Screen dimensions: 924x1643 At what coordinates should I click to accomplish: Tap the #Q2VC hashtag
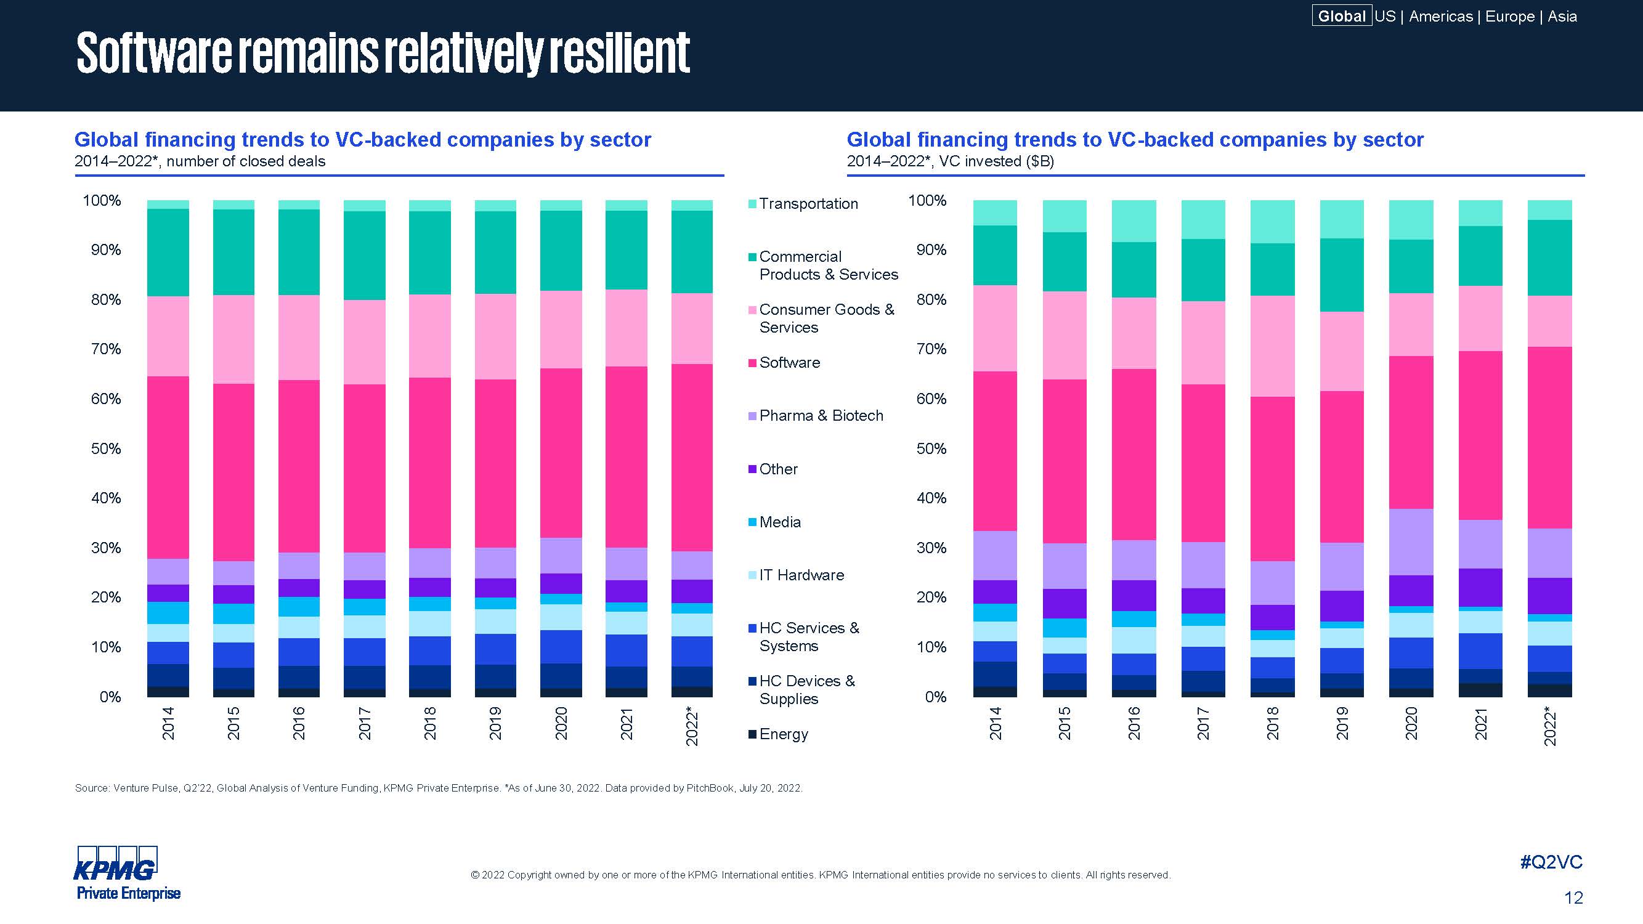(1551, 862)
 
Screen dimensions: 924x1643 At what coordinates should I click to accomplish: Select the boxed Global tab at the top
(1341, 16)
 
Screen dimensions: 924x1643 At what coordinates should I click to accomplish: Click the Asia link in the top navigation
(1562, 16)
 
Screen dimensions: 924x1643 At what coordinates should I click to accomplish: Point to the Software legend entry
(789, 363)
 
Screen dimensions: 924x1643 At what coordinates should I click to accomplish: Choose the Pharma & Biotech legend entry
(821, 416)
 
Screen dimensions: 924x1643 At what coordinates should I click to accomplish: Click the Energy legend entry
(783, 734)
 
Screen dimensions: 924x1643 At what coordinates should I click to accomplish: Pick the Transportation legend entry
(808, 204)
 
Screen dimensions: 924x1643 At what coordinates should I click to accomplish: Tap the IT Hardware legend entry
(801, 575)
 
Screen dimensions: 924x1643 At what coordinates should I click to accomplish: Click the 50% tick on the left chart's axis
(106, 448)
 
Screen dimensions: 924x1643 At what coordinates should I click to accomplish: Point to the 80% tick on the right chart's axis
(931, 300)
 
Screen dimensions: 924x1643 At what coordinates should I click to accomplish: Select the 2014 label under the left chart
(168, 723)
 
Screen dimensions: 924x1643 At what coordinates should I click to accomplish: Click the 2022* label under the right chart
(1550, 727)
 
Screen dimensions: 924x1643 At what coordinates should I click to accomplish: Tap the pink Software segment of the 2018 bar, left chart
(429, 463)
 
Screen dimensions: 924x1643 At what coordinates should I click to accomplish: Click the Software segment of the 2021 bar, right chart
(1480, 435)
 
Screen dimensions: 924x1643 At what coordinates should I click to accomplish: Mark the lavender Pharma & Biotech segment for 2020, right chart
(1411, 542)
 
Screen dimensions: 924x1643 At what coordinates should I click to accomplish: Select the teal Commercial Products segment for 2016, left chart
(299, 252)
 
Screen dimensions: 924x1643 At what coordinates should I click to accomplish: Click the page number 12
(1573, 898)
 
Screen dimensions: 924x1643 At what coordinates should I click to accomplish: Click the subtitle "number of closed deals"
(246, 161)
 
